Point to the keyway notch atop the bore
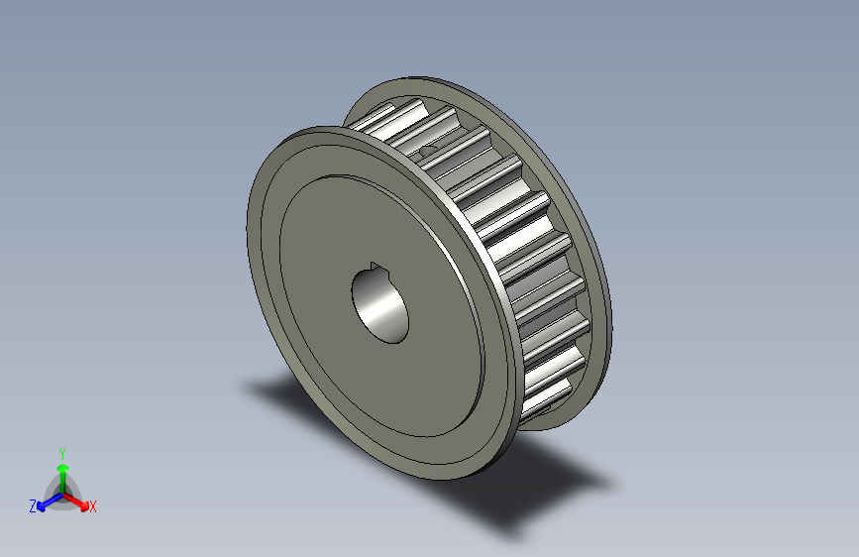[x=376, y=265]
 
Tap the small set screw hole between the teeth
[x=428, y=150]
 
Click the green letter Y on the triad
[x=62, y=451]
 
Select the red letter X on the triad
[x=93, y=506]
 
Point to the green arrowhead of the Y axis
[x=62, y=467]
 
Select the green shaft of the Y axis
[x=62, y=481]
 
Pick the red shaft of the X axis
[x=73, y=499]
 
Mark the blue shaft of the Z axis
[x=53, y=499]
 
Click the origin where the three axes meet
[x=62, y=493]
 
